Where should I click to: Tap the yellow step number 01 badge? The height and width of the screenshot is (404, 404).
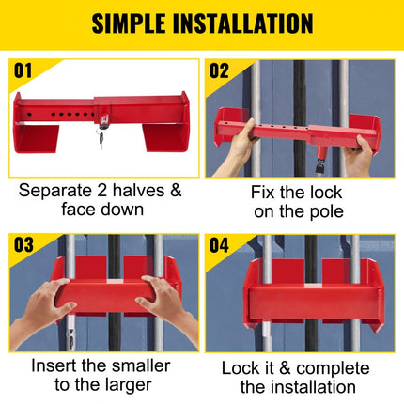pyautogui.click(x=23, y=70)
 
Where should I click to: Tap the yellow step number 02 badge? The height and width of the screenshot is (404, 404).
pyautogui.click(x=220, y=70)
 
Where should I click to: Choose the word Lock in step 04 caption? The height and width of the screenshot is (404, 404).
pyautogui.click(x=241, y=367)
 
